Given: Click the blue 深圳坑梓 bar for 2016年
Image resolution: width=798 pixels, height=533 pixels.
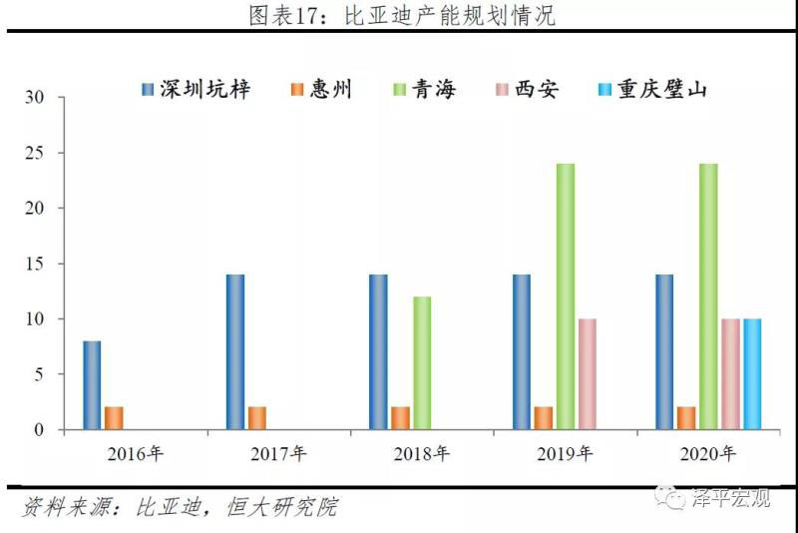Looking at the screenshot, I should click(92, 385).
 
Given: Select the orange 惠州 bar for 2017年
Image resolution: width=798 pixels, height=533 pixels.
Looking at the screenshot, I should click(257, 418).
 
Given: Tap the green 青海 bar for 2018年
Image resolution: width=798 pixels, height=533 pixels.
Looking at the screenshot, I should click(422, 363).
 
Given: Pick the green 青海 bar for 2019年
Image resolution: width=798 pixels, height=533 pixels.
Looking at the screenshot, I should click(566, 296).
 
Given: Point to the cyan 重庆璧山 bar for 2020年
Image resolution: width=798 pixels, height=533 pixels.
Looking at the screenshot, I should click(752, 374).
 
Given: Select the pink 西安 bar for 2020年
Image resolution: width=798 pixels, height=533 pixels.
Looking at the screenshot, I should click(731, 374).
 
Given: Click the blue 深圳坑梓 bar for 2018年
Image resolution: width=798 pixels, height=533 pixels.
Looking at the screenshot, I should click(378, 351).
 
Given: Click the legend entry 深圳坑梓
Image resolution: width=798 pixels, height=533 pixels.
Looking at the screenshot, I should click(197, 90).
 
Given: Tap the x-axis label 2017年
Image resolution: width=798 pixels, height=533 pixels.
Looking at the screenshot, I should click(278, 454).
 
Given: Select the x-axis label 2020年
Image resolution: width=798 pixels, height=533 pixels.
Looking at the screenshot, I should click(707, 454).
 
